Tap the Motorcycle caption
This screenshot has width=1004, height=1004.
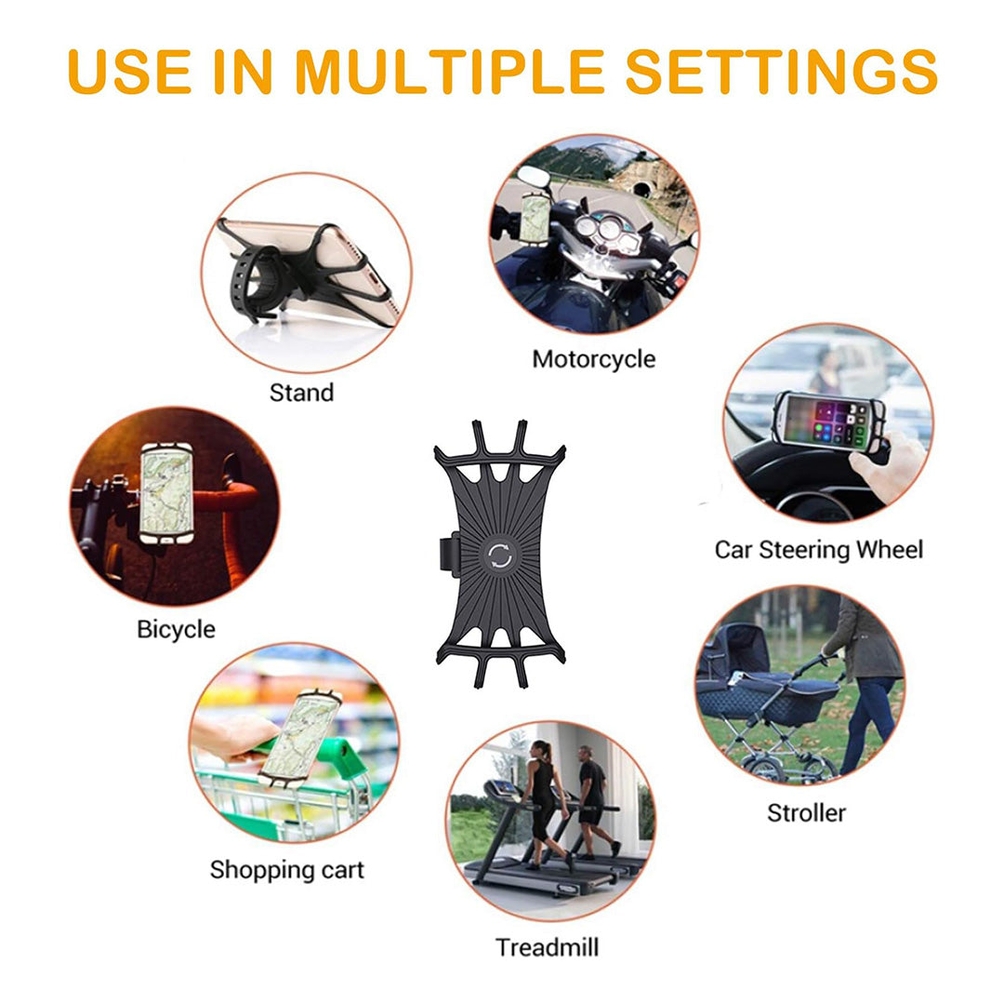[x=593, y=359]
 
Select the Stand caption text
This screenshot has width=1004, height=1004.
[x=301, y=393]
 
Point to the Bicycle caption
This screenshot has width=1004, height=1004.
[x=176, y=629]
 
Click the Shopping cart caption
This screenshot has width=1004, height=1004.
[x=286, y=870]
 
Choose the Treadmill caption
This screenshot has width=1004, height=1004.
[x=547, y=947]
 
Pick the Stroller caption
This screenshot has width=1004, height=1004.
[x=806, y=812]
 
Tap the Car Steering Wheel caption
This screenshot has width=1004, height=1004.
[x=818, y=549]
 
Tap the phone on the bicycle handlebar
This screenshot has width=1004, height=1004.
[x=167, y=493]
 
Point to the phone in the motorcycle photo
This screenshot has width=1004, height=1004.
[x=535, y=218]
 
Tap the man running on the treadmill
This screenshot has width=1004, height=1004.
[x=591, y=796]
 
